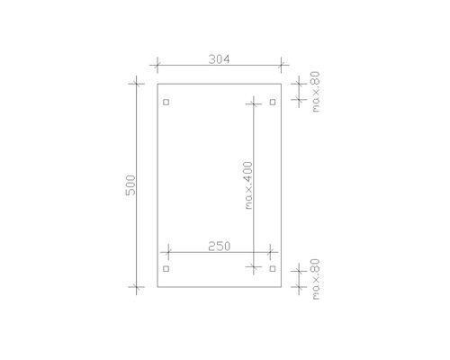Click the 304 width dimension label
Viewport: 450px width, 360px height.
click(219, 59)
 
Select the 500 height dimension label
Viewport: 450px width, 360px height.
click(130, 186)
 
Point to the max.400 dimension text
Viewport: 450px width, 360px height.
click(248, 185)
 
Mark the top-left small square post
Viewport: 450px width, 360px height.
click(166, 102)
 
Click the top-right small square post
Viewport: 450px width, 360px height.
click(272, 102)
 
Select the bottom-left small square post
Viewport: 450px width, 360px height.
click(166, 268)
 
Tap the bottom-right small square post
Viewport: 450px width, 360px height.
click(272, 268)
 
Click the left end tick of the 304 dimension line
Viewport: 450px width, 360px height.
click(157, 66)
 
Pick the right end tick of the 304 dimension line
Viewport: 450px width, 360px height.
click(282, 66)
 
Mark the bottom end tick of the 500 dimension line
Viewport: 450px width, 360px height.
click(137, 288)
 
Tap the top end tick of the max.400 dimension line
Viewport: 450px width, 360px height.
click(256, 102)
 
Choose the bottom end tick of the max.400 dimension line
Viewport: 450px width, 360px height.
click(256, 268)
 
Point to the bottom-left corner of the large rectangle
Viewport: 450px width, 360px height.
click(157, 288)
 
